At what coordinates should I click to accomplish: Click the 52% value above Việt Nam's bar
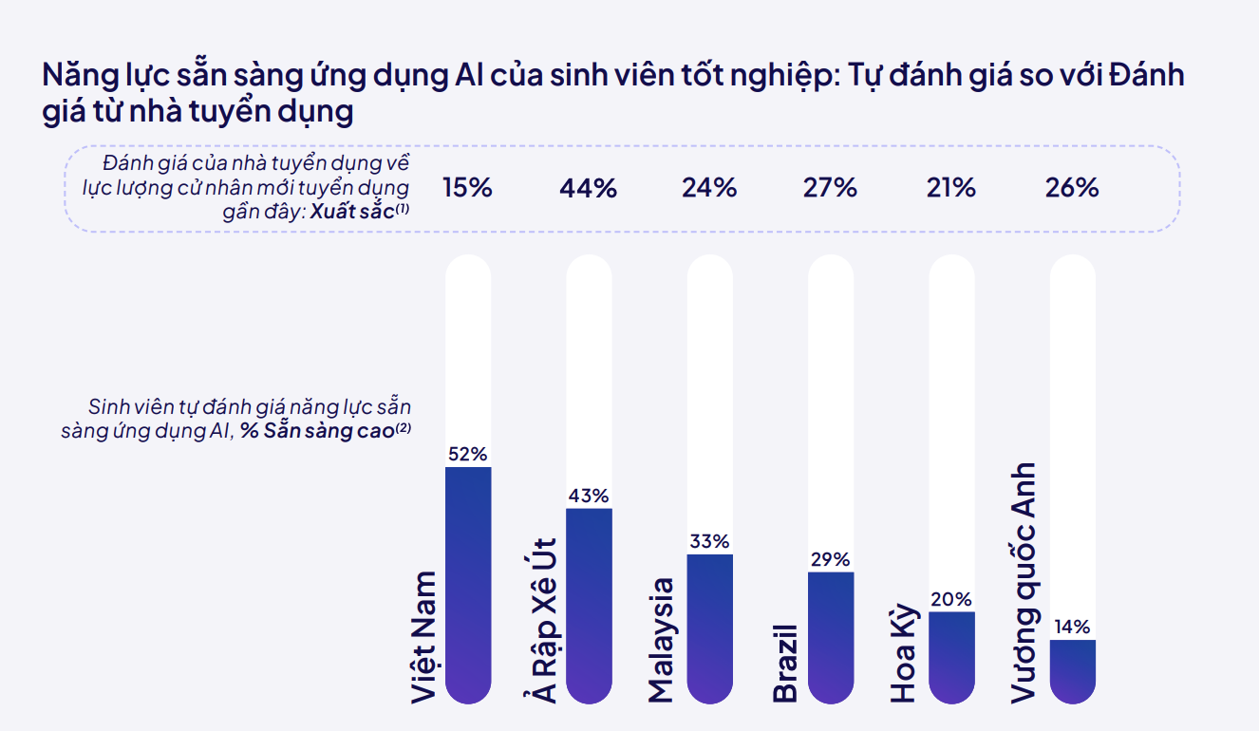tap(468, 454)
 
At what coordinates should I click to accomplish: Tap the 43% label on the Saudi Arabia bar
tap(589, 496)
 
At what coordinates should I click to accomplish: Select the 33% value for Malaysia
tap(709, 541)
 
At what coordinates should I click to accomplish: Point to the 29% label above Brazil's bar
tap(830, 559)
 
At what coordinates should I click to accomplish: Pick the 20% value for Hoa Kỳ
tap(951, 600)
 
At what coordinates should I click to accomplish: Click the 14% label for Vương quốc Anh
tap(1072, 627)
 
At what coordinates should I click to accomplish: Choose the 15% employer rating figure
tap(467, 188)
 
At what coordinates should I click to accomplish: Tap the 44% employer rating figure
tap(588, 188)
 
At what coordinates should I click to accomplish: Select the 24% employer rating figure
tap(709, 188)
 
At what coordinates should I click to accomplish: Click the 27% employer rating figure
tap(830, 188)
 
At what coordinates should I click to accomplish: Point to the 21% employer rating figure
tap(951, 188)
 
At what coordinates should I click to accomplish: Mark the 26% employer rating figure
tap(1072, 188)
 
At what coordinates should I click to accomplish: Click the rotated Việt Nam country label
tap(424, 637)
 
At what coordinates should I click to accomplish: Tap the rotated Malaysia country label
tap(661, 641)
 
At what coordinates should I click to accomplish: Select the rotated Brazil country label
tap(785, 664)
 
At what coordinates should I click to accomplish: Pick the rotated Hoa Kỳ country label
tap(904, 653)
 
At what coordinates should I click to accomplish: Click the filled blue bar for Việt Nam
tap(468, 585)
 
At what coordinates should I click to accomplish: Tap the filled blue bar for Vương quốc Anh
tap(1072, 671)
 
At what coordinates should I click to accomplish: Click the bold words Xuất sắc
tap(352, 212)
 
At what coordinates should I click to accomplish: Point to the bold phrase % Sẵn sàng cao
tap(317, 431)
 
